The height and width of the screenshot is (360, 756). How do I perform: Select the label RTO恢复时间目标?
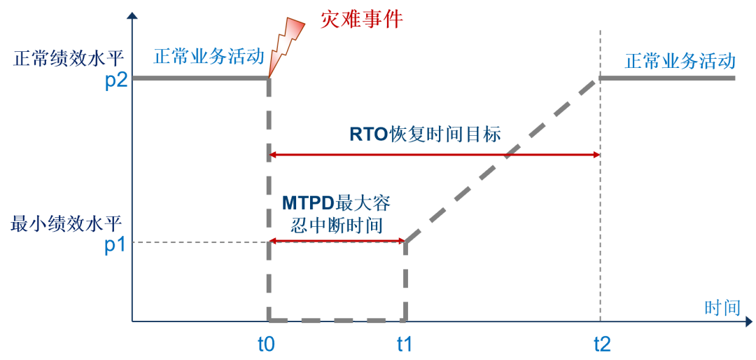[425, 134]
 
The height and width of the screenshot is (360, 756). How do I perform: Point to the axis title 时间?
[722, 307]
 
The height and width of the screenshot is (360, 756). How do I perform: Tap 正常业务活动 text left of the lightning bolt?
[209, 57]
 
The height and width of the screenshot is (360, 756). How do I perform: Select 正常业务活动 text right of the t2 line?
[680, 62]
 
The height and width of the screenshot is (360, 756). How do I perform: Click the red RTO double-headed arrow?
[434, 155]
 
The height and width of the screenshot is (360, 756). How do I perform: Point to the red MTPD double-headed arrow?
[337, 240]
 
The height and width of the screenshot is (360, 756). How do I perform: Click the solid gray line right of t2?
[667, 78]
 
